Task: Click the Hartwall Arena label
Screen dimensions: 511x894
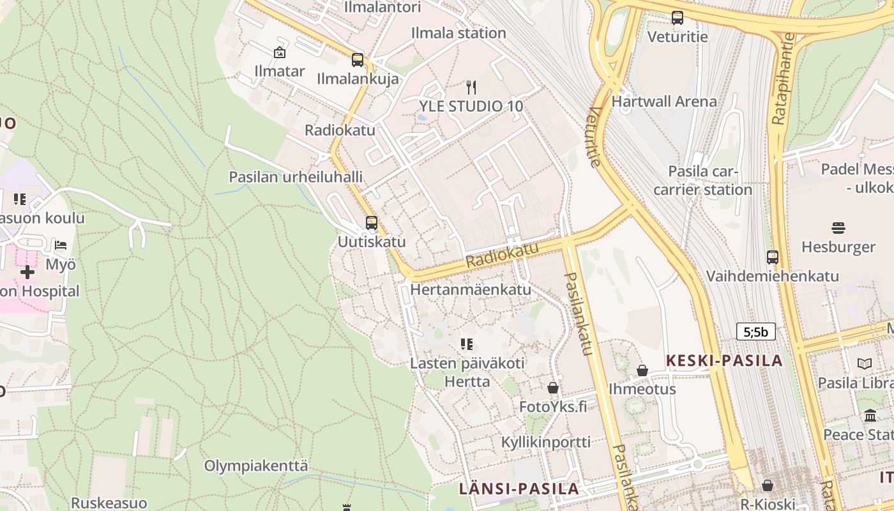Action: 664,102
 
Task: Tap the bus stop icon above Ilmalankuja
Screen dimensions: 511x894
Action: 358,60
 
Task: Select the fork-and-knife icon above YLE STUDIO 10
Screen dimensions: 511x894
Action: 471,88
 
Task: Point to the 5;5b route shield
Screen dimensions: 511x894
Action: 756,332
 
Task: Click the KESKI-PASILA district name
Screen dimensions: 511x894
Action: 724,361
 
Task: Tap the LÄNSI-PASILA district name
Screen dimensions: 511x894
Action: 519,489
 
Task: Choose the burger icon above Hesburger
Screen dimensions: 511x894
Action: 838,228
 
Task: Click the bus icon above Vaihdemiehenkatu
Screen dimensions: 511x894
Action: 773,257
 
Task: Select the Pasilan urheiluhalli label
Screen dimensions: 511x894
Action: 296,177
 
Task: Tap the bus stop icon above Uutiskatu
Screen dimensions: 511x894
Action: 372,223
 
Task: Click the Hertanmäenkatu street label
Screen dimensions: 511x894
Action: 471,289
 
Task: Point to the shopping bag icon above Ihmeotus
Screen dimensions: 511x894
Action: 642,370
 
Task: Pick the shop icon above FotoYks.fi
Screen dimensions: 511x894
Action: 553,388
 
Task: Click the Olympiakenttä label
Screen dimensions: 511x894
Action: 255,466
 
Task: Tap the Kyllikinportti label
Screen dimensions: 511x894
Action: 545,442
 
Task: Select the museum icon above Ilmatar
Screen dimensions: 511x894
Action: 280,52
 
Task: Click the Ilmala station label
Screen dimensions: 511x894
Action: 458,33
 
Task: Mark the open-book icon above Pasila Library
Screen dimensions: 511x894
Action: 865,364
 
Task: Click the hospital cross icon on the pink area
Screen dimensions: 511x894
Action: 27,272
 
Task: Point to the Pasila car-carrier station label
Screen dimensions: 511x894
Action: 702,181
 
